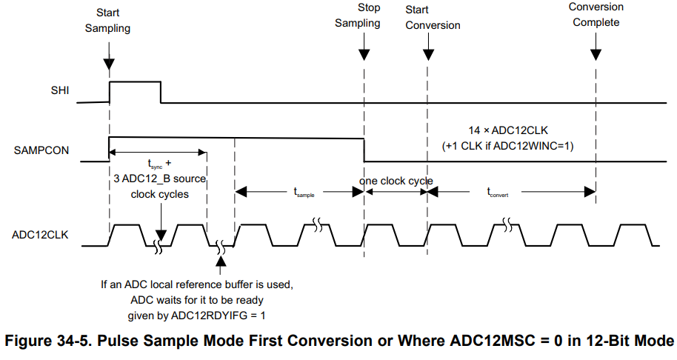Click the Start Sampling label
[107, 21]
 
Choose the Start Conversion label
[433, 18]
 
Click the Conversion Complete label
[596, 15]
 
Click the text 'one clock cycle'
[396, 181]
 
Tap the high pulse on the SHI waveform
[135, 83]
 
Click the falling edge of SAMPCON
[364, 149]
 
